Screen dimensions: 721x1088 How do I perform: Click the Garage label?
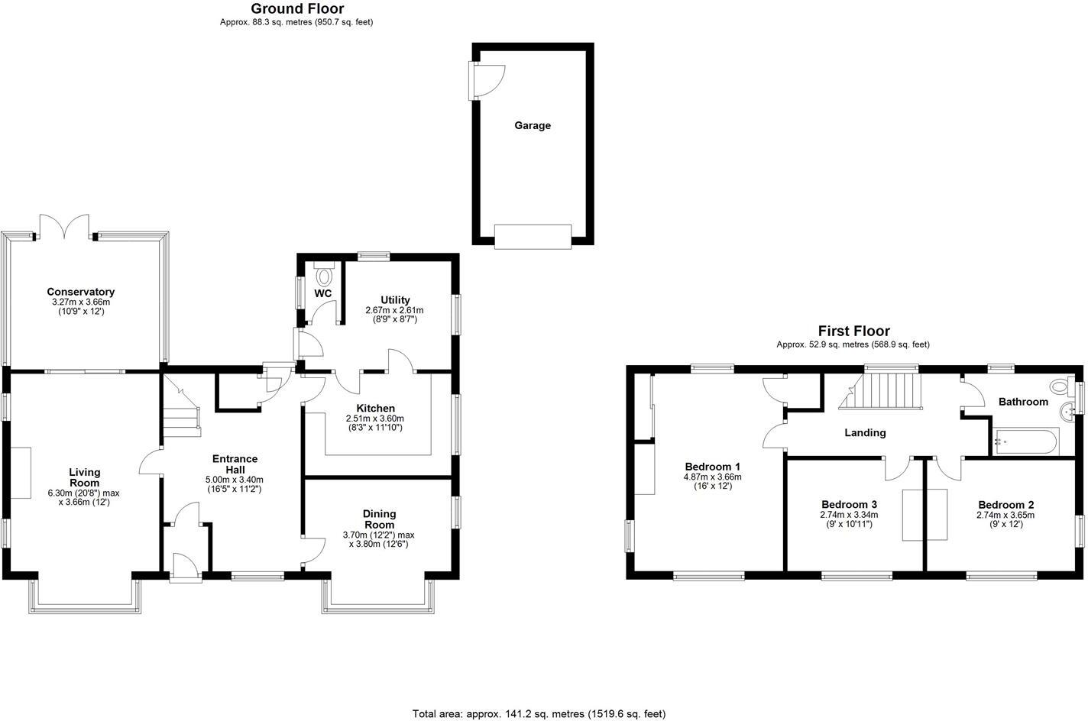(532, 125)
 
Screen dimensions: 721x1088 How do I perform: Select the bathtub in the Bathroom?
(1025, 441)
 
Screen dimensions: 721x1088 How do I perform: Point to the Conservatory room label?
(80, 292)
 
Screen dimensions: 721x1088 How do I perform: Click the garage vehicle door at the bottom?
(533, 236)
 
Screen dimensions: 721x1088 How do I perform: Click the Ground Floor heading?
(297, 9)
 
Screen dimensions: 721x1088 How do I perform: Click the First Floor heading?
(853, 331)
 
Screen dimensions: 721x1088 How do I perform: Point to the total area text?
(539, 713)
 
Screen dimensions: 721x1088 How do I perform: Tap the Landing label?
(864, 432)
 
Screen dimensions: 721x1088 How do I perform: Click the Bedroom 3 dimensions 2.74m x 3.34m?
(849, 515)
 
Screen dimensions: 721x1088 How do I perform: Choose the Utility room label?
(395, 300)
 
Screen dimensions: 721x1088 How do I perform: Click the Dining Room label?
(379, 519)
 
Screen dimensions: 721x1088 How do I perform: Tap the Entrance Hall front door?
(185, 568)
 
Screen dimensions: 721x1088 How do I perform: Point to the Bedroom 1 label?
(712, 467)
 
